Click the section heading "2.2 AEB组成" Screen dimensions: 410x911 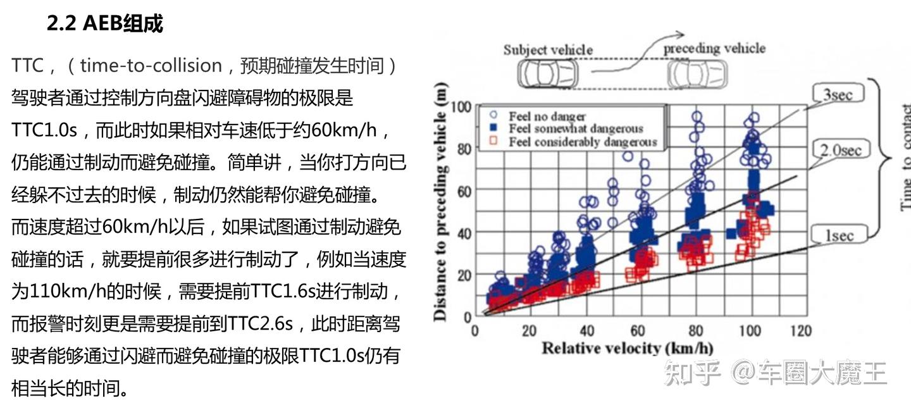[104, 23]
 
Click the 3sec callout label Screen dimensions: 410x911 [838, 96]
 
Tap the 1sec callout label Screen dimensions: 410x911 [838, 236]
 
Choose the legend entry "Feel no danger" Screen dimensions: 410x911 [547, 116]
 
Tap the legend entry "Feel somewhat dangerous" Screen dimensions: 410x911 [576, 129]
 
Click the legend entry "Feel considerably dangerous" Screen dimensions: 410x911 [583, 142]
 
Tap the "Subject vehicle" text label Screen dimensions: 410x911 [548, 50]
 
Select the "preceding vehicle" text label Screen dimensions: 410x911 [714, 48]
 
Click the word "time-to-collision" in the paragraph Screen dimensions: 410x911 [151, 66]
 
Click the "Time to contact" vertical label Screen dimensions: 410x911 [904, 158]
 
